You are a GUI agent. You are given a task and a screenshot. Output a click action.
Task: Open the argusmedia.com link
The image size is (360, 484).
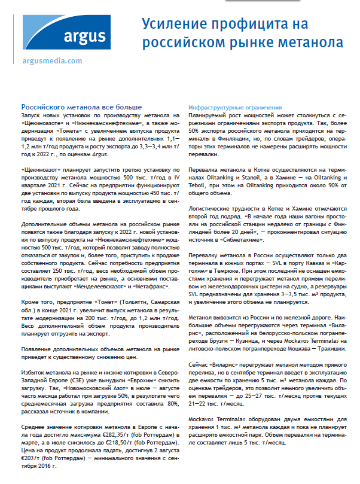pyautogui.click(x=51, y=61)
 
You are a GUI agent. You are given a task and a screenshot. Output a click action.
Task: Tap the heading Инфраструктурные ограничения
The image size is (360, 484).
pyautogui.click(x=227, y=105)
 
